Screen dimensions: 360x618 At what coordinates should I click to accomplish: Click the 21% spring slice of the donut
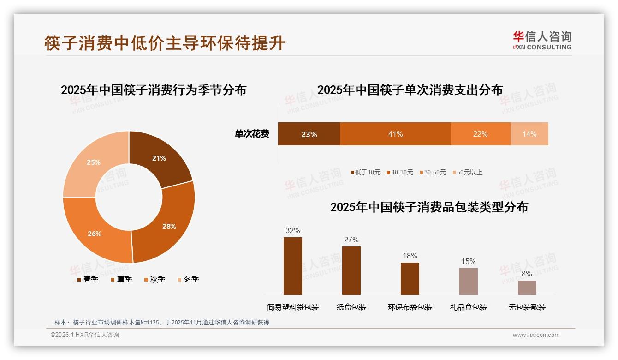point(159,158)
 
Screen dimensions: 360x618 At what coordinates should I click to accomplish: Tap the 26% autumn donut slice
point(95,233)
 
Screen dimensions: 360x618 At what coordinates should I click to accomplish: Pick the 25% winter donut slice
point(94,162)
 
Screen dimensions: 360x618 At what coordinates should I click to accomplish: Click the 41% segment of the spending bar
point(395,134)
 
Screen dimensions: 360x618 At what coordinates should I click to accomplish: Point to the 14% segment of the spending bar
point(529,134)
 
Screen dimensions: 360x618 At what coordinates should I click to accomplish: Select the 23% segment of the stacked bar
point(309,134)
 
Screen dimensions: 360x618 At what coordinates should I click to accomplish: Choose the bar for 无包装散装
point(527,288)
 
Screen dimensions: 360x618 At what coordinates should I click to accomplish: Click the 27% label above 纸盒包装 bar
point(351,240)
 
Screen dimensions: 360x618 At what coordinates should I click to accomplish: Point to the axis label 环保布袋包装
point(410,307)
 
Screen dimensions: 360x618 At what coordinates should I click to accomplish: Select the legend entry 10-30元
point(402,172)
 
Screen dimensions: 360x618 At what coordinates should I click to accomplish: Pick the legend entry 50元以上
point(469,172)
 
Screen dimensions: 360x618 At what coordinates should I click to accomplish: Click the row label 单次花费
point(252,134)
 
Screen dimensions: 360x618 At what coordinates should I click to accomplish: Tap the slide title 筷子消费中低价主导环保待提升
point(165,43)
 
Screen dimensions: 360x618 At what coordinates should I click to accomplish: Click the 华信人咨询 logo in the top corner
point(542,40)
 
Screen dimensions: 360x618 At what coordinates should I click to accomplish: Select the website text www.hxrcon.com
point(536,335)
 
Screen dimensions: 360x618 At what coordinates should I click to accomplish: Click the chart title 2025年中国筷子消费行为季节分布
point(154,90)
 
